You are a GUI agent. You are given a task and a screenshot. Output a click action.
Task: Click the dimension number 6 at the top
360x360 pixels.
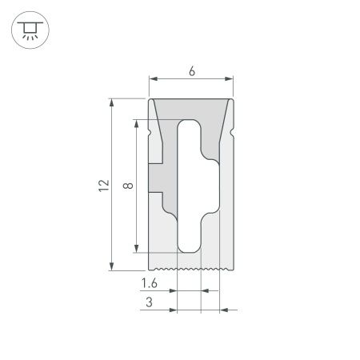click(x=192, y=71)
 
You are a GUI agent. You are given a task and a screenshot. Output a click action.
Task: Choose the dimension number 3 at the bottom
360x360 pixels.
click(x=150, y=302)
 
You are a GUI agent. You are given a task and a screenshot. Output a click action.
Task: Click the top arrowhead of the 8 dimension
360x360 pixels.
click(x=138, y=125)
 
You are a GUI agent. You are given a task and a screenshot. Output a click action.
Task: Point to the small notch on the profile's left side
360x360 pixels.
click(x=151, y=127)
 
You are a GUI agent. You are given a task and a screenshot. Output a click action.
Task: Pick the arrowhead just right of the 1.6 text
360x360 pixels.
click(x=172, y=290)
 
